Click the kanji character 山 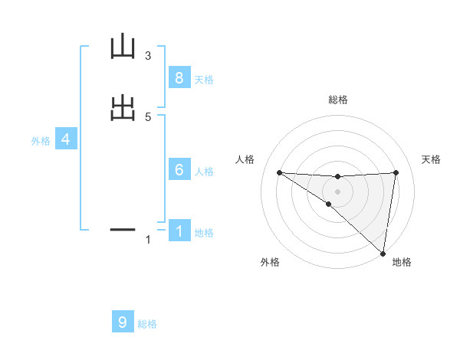123,47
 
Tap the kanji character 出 123,107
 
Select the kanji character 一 123,228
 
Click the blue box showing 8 179,77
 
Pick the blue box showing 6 179,170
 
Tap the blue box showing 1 179,231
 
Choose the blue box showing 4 66,139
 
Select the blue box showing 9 123,322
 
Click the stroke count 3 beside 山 148,56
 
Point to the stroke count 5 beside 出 148,116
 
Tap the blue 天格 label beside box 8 204,79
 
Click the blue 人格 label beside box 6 204,172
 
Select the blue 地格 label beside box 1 204,233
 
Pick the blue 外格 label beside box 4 41,141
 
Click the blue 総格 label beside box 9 147,324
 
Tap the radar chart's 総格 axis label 338,100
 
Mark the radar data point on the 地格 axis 383,253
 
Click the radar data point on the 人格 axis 279,172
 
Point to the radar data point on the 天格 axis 396,172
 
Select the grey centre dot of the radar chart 337,191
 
